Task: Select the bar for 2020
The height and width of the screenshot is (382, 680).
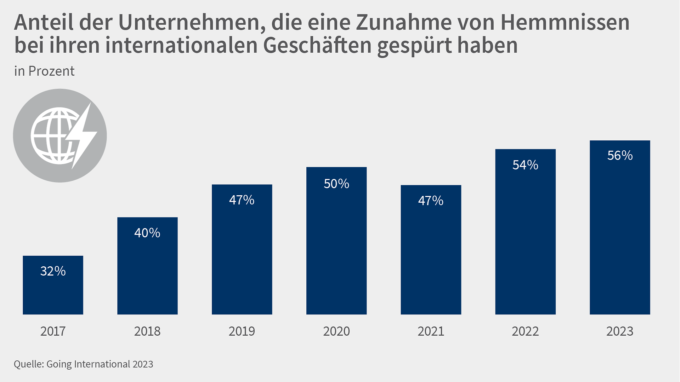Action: (x=336, y=248)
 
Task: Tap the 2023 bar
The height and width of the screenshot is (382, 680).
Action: (x=620, y=233)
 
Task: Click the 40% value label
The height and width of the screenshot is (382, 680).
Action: (x=147, y=233)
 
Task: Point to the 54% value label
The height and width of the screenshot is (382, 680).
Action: (x=525, y=165)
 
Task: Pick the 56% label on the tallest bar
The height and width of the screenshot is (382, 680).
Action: (x=620, y=155)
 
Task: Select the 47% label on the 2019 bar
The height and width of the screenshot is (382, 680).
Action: (x=242, y=200)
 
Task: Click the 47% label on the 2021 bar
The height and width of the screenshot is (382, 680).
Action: (x=431, y=201)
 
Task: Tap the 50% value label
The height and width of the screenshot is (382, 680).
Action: (x=336, y=184)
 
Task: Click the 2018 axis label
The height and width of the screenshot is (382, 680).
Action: (x=147, y=331)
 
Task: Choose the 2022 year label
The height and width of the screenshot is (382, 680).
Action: (x=525, y=331)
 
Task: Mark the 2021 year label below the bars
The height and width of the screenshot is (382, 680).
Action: (x=431, y=331)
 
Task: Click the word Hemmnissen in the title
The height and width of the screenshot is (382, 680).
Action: (x=565, y=22)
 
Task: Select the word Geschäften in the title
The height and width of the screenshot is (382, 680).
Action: (x=317, y=45)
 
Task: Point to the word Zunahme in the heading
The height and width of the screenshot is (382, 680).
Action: (x=404, y=22)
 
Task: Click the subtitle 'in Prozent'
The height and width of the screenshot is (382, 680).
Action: (x=44, y=71)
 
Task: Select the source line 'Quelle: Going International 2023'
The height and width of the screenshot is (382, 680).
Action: (x=84, y=364)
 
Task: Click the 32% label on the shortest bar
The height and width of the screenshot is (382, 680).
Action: (x=53, y=271)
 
